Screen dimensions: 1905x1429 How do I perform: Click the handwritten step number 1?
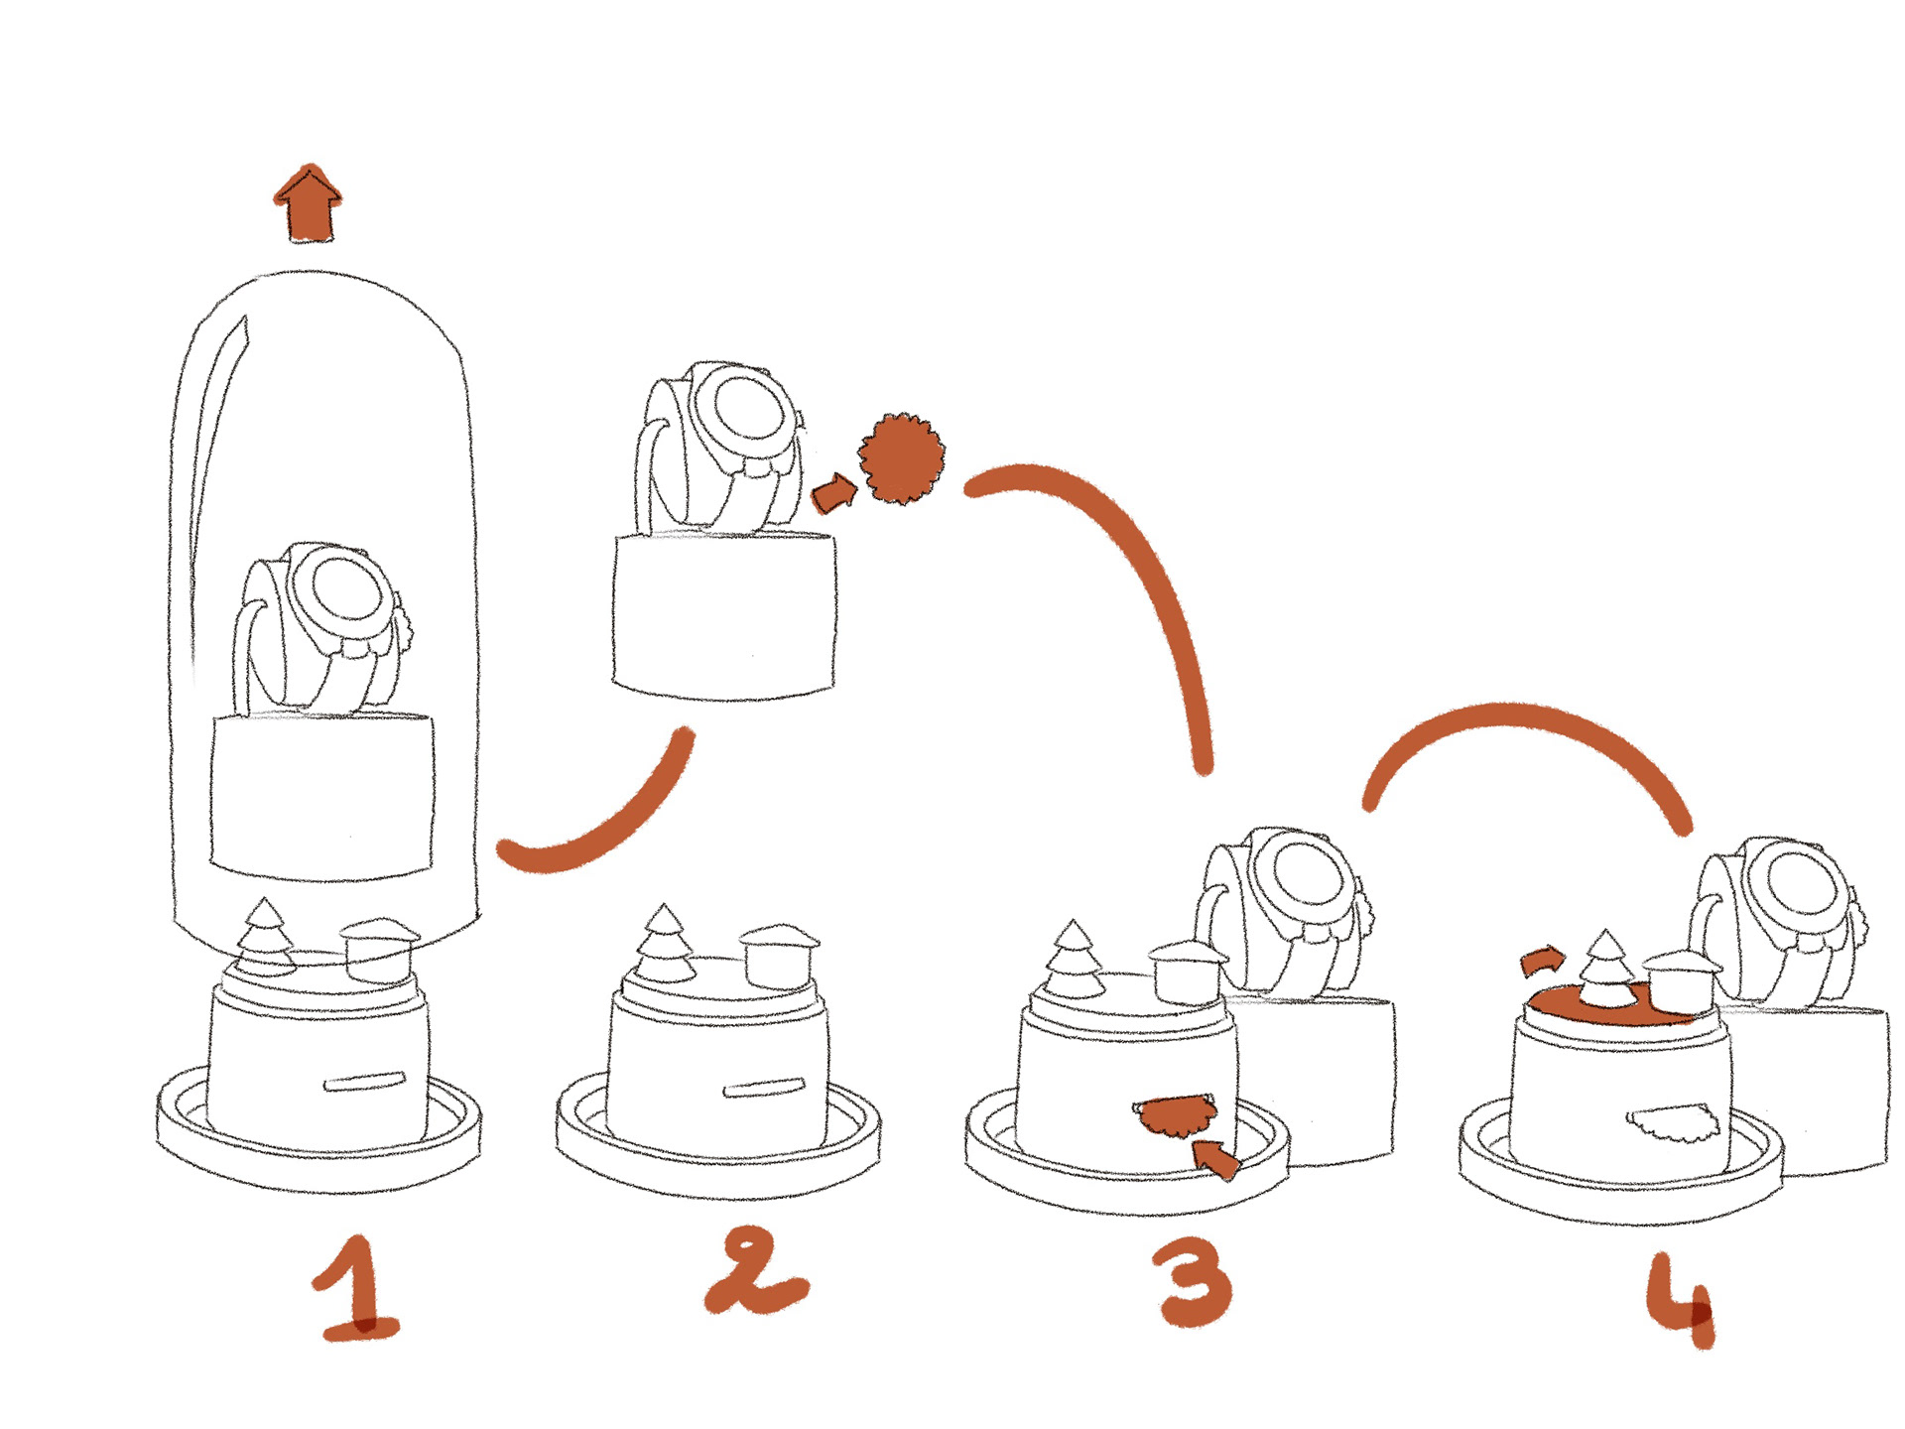pos(355,1290)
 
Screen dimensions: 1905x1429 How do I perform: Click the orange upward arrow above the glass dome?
pos(309,203)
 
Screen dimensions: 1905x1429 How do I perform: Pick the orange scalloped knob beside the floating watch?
pos(901,457)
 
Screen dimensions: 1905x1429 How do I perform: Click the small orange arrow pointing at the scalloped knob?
pos(833,493)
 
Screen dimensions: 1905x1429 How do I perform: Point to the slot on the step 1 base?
pos(364,1081)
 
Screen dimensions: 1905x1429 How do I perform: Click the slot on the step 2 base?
pos(762,1089)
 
